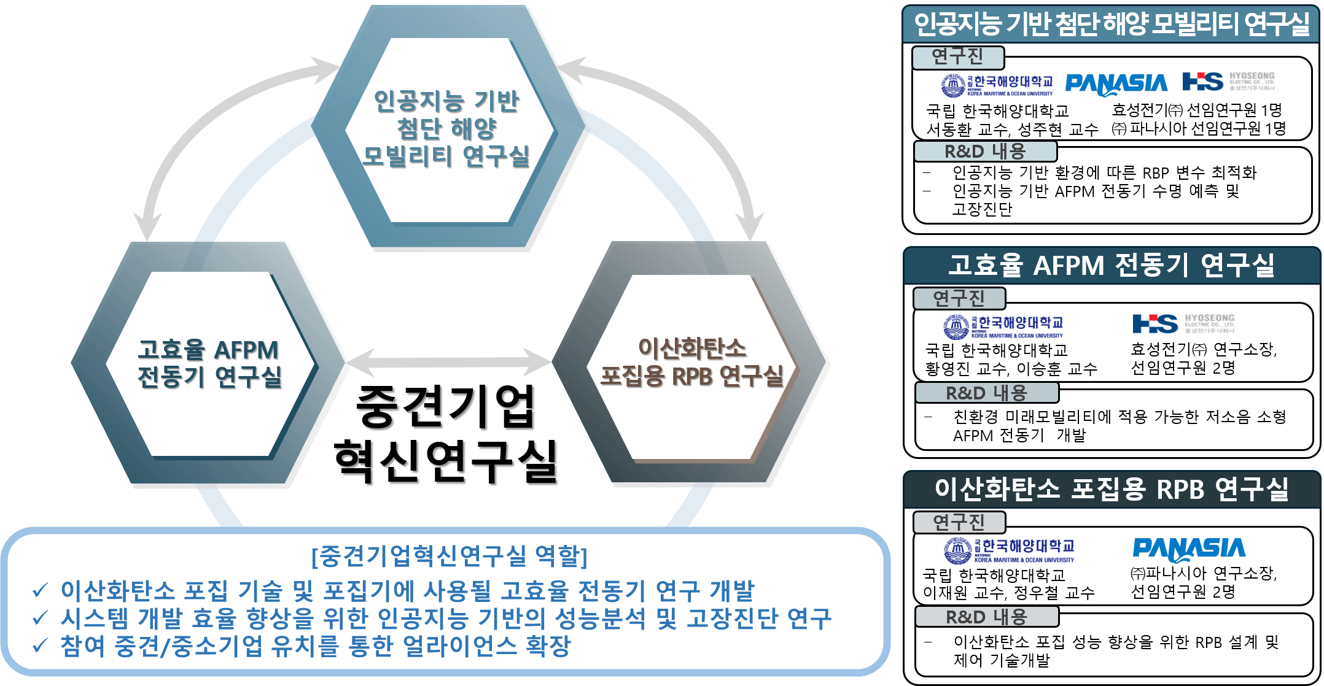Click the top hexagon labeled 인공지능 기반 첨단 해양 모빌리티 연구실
point(446,129)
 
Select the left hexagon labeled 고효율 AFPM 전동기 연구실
point(209,363)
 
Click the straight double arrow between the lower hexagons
point(450,362)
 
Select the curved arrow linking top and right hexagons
point(694,123)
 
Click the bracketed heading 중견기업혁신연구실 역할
point(450,556)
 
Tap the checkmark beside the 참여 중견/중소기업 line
point(41,646)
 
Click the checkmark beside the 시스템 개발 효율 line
point(41,618)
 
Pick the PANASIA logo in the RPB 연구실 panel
point(1189,549)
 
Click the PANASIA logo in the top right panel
point(1116,83)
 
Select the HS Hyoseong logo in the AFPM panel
point(1183,323)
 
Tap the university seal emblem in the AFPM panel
point(956,326)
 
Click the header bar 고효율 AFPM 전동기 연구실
point(1111,266)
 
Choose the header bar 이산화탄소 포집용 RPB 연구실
point(1111,489)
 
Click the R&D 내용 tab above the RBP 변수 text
point(985,151)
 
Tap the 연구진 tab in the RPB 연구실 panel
point(959,522)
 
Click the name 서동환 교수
point(957,129)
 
